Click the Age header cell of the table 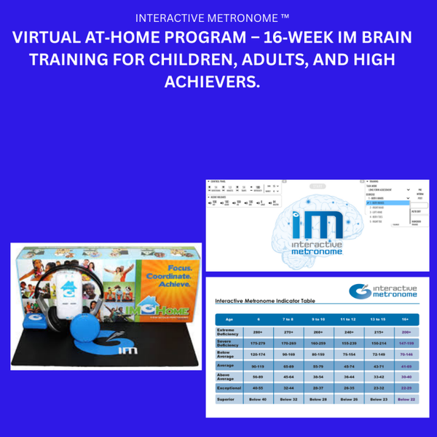click(228, 318)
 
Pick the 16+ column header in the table click(405, 318)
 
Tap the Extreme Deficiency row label click(228, 331)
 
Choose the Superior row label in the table click(228, 399)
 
